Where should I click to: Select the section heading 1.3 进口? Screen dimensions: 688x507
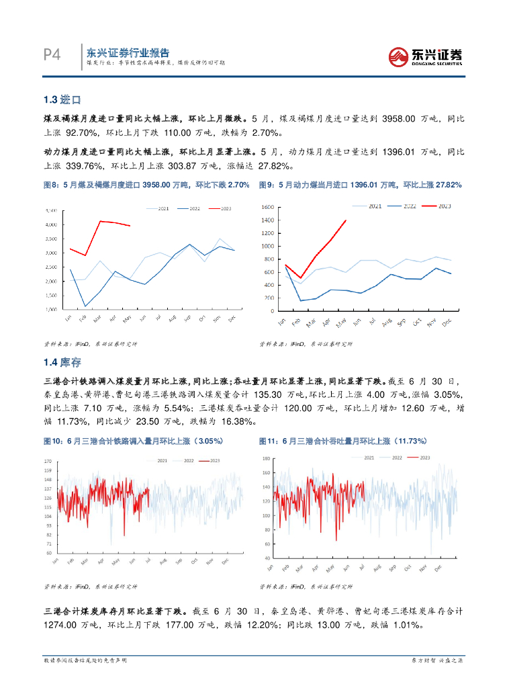(62, 100)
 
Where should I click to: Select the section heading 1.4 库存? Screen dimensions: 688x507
(62, 363)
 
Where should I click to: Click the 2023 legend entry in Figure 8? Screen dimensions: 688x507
(221, 209)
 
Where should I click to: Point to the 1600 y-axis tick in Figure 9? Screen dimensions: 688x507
(267, 207)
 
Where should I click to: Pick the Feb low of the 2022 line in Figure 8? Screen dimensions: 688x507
(85, 306)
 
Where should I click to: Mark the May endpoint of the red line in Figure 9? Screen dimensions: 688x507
(345, 220)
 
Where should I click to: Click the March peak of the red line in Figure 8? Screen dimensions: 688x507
(100, 221)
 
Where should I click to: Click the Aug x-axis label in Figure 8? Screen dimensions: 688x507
(173, 319)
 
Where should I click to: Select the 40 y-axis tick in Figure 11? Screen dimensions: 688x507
(267, 558)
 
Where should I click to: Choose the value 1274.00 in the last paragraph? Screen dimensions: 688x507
(64, 625)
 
